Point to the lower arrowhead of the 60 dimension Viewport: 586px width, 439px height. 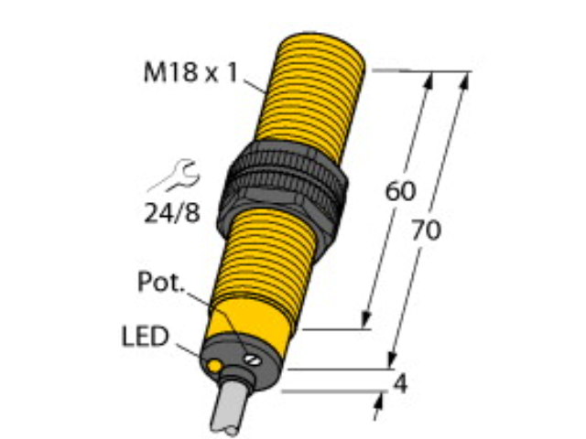pyautogui.click(x=368, y=321)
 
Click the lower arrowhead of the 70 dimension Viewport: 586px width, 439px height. pyautogui.click(x=394, y=361)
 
